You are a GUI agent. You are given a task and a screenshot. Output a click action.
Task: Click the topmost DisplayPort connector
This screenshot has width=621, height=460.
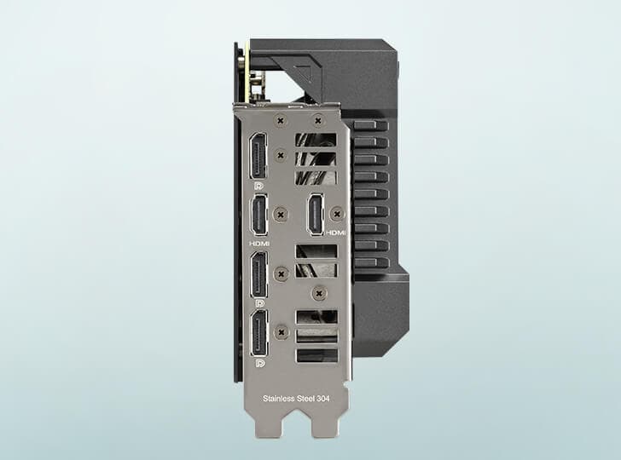pyautogui.click(x=258, y=156)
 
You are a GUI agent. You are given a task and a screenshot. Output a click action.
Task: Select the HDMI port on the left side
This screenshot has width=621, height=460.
pyautogui.click(x=259, y=215)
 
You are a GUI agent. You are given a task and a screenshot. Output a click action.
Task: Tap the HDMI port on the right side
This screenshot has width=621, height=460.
pyautogui.click(x=316, y=214)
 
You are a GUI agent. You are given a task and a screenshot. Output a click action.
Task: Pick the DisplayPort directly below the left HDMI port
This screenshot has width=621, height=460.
pyautogui.click(x=258, y=274)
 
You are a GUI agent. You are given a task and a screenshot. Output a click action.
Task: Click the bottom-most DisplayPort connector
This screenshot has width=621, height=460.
pyautogui.click(x=259, y=333)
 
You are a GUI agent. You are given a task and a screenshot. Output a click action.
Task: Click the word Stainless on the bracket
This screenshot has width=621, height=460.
pyautogui.click(x=277, y=399)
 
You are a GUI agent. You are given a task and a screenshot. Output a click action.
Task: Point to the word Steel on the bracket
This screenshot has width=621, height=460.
pyautogui.click(x=301, y=399)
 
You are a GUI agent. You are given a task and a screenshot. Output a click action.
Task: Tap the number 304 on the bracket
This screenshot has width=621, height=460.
pyautogui.click(x=322, y=399)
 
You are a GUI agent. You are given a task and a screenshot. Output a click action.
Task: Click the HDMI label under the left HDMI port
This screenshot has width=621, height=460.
pyautogui.click(x=259, y=244)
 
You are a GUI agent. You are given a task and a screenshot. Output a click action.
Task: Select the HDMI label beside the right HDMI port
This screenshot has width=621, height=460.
pyautogui.click(x=336, y=233)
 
